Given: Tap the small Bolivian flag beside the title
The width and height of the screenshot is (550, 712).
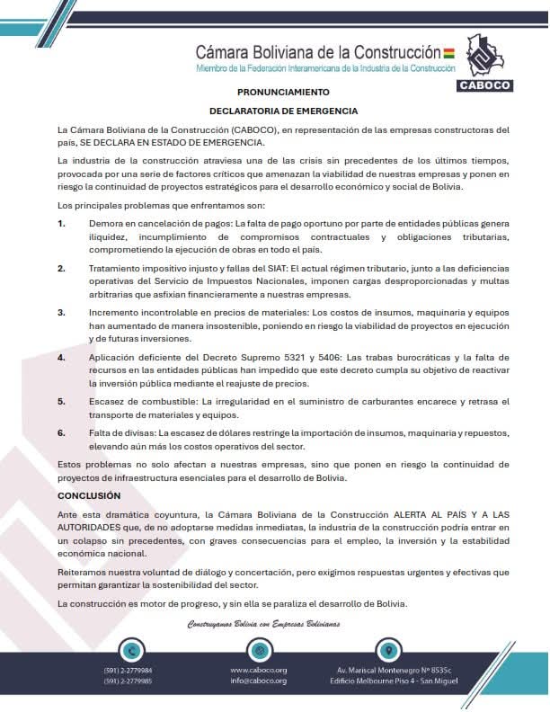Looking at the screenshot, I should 449,53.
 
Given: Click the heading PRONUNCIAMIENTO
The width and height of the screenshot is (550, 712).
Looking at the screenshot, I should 283,92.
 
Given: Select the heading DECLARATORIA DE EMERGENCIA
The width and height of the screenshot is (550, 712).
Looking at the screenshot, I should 283,111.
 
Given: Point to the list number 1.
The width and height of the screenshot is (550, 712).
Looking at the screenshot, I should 61,222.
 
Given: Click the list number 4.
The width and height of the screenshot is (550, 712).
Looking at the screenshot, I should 61,358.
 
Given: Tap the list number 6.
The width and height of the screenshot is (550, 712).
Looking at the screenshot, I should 61,432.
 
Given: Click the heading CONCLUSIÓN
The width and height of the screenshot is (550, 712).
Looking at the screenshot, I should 89,495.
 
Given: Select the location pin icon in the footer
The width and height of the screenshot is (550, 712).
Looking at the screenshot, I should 386,649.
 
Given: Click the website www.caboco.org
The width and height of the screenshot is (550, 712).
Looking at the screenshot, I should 258,671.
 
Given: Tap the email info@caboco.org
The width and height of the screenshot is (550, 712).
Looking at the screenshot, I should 258,681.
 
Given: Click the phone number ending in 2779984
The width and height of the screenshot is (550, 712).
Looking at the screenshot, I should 129,671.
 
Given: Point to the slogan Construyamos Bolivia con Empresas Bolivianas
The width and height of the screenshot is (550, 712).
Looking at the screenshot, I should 263,624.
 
